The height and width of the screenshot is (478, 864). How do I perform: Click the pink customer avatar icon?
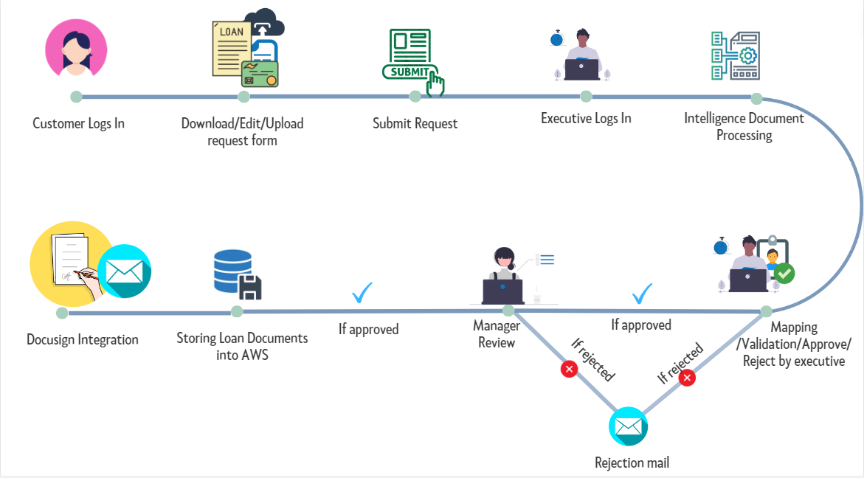pyautogui.click(x=76, y=48)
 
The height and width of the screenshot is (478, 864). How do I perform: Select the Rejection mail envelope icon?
pyautogui.click(x=628, y=426)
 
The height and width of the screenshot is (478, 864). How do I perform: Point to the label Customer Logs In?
pyautogui.click(x=78, y=123)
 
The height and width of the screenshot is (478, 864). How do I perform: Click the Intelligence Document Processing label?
pyautogui.click(x=744, y=126)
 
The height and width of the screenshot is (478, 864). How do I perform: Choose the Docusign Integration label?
pyautogui.click(x=83, y=340)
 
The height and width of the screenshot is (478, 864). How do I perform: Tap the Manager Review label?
pyautogui.click(x=497, y=333)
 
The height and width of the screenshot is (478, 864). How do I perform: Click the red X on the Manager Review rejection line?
pyautogui.click(x=569, y=369)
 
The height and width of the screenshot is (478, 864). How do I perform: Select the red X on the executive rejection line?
pyautogui.click(x=687, y=378)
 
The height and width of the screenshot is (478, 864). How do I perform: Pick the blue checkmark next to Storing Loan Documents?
pyautogui.click(x=362, y=293)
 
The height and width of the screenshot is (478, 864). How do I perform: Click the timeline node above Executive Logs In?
pyautogui.click(x=586, y=96)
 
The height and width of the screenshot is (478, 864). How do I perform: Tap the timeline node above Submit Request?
pyautogui.click(x=415, y=96)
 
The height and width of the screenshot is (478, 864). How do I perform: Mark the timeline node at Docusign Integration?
pyautogui.click(x=62, y=313)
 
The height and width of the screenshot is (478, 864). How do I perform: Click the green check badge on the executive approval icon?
pyautogui.click(x=785, y=274)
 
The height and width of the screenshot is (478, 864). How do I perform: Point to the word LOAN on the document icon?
pyautogui.click(x=232, y=32)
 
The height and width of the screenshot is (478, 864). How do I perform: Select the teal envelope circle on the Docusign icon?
pyautogui.click(x=124, y=271)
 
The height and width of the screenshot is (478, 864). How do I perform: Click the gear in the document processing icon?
pyautogui.click(x=747, y=55)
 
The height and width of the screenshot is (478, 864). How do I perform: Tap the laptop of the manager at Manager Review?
pyautogui.click(x=503, y=291)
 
